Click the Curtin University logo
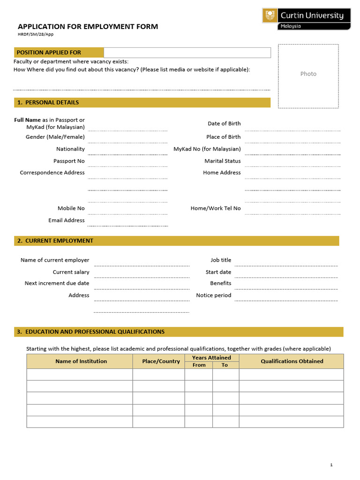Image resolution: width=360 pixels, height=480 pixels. pos(306,19)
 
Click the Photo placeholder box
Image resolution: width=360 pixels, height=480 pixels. pos(308,76)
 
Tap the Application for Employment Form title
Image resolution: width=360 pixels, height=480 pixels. pos(88,26)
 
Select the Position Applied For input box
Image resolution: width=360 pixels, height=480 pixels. pos(187,52)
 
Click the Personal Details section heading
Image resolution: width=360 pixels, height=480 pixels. pos(52,102)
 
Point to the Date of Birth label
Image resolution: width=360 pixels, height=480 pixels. pos(224,124)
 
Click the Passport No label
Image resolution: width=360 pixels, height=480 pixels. pos(69,161)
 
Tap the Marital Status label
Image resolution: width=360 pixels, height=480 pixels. pos(222,161)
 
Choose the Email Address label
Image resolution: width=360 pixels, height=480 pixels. pos(67,220)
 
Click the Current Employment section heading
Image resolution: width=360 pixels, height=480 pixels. pos(59,240)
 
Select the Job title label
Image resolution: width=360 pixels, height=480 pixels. pos(221,260)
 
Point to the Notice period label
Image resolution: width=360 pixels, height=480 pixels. pos(213,295)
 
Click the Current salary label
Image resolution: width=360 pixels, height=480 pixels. pos(71,272)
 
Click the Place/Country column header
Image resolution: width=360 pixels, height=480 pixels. pos(161,361)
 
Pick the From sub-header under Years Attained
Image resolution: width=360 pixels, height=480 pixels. pos(199,365)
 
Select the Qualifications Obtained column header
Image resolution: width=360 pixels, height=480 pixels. pos(292,361)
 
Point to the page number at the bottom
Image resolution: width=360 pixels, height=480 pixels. pos(331,465)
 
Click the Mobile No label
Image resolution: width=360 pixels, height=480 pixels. pos(71,208)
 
